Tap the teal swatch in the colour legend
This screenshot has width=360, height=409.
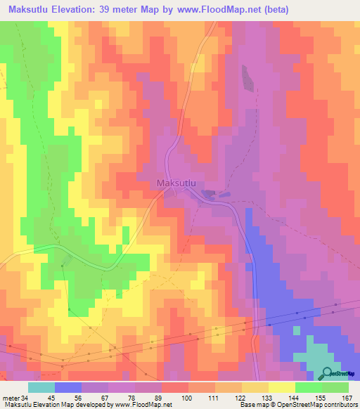[41, 387]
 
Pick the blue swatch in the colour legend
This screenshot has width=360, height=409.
[68, 387]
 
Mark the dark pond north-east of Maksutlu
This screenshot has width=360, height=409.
[247, 77]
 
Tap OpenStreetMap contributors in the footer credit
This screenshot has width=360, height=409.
[319, 405]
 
